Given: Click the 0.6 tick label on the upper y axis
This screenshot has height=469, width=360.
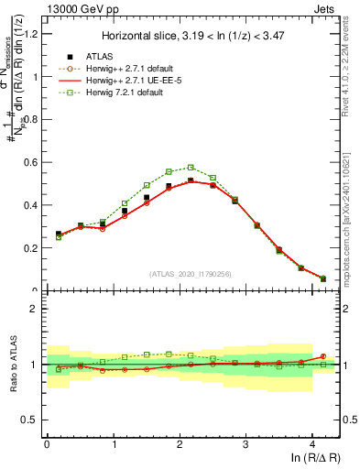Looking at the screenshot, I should (30, 163).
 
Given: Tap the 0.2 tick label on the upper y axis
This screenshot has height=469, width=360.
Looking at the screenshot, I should (30, 248).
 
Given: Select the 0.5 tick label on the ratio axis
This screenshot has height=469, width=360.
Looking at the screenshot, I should (30, 420).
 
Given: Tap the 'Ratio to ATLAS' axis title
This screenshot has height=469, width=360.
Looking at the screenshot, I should (12, 365).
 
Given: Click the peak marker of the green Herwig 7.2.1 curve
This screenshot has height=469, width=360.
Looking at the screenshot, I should (191, 168).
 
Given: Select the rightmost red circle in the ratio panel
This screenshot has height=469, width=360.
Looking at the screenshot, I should (323, 356).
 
